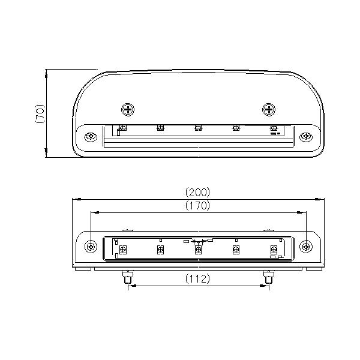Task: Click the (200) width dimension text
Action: [x=197, y=193]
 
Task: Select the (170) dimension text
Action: [x=197, y=206]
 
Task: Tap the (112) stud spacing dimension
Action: [x=197, y=278]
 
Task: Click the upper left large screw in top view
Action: [x=128, y=109]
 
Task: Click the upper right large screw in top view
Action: [x=268, y=109]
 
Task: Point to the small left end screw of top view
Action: [x=90, y=136]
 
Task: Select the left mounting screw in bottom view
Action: [x=91, y=246]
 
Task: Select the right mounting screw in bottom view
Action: [x=306, y=246]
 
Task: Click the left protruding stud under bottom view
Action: [x=128, y=278]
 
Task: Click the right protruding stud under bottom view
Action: [x=268, y=278]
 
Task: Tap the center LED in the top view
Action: [x=198, y=127]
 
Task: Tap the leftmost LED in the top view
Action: [x=122, y=127]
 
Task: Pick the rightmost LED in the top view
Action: [x=274, y=127]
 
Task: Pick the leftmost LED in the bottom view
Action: [x=122, y=250]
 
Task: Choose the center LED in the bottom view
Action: [x=198, y=250]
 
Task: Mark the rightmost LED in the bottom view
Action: [x=274, y=250]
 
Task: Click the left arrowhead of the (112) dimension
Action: [x=130, y=286]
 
